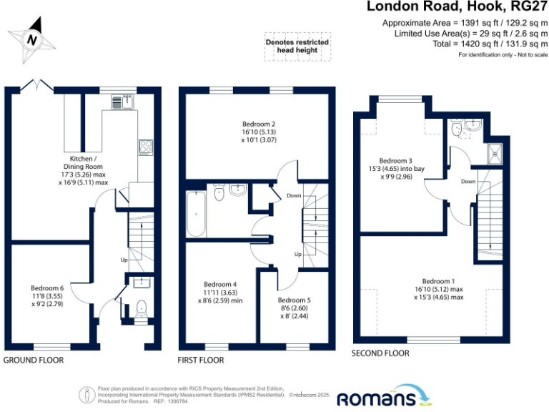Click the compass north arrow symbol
(x=31, y=39)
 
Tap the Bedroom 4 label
(x=220, y=284)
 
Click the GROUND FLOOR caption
(x=34, y=360)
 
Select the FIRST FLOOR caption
(x=201, y=360)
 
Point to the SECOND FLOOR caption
(x=380, y=353)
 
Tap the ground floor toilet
(x=141, y=308)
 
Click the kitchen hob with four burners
(x=145, y=147)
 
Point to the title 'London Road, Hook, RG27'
(x=457, y=7)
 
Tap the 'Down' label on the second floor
(x=468, y=182)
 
